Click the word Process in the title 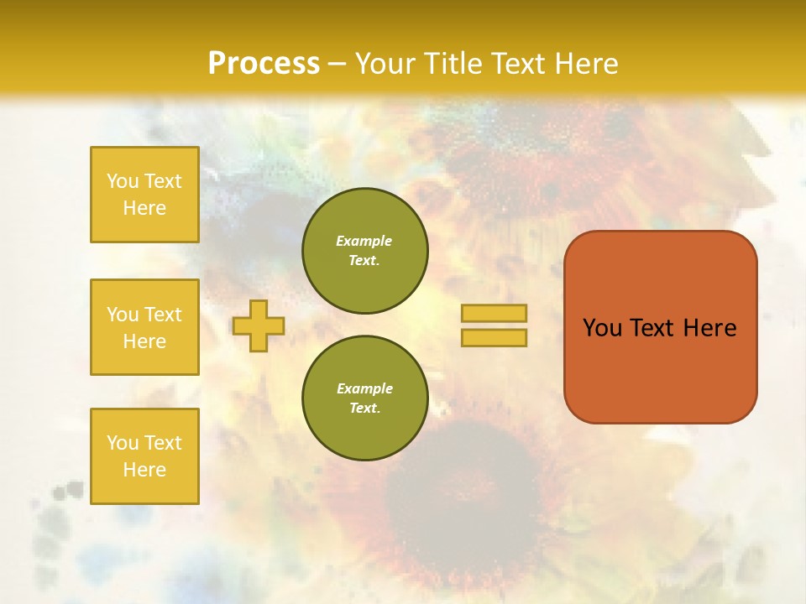point(264,64)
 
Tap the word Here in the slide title point(583,64)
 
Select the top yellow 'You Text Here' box point(144,195)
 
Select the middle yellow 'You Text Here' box point(144,327)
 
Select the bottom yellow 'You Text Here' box point(144,456)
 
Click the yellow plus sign point(258,325)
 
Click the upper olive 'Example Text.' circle point(364,251)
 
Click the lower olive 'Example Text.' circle point(364,398)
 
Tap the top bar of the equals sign point(494,313)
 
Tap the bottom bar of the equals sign point(494,338)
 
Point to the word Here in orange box point(709,328)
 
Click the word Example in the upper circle point(364,241)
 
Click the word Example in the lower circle point(364,388)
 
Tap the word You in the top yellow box point(122,181)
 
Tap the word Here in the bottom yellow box point(144,470)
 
